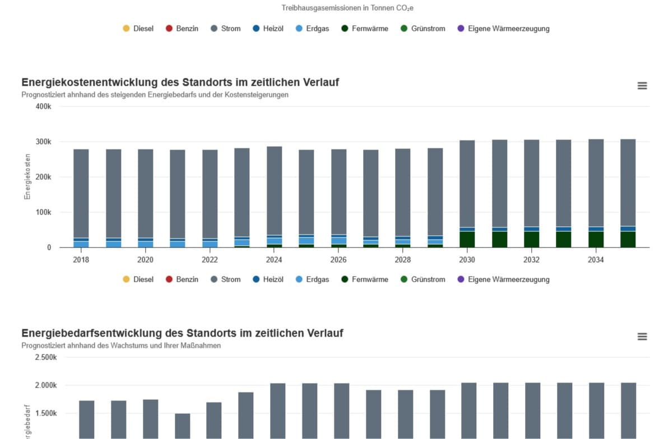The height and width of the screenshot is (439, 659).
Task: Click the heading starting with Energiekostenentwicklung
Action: pos(180,82)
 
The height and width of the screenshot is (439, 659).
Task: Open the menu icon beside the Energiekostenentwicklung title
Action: pos(642,86)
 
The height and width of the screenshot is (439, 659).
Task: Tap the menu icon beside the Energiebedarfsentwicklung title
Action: pos(642,337)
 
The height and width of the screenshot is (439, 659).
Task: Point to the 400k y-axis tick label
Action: pos(43,106)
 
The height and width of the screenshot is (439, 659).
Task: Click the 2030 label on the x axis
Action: pos(467,260)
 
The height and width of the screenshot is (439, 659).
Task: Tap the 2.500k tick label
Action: pos(45,357)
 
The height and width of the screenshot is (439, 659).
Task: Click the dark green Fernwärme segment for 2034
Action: pos(596,239)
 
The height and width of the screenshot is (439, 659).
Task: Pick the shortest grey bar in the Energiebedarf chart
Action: pos(183,426)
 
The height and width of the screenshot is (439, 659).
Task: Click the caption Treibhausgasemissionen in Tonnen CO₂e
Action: pos(347,8)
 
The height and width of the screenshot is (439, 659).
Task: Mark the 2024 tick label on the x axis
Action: pos(274,260)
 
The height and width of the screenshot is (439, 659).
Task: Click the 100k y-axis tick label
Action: pos(43,212)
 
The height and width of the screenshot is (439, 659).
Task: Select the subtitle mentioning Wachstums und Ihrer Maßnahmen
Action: pos(121,345)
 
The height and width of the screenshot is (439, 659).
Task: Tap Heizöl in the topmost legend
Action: pos(273,29)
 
